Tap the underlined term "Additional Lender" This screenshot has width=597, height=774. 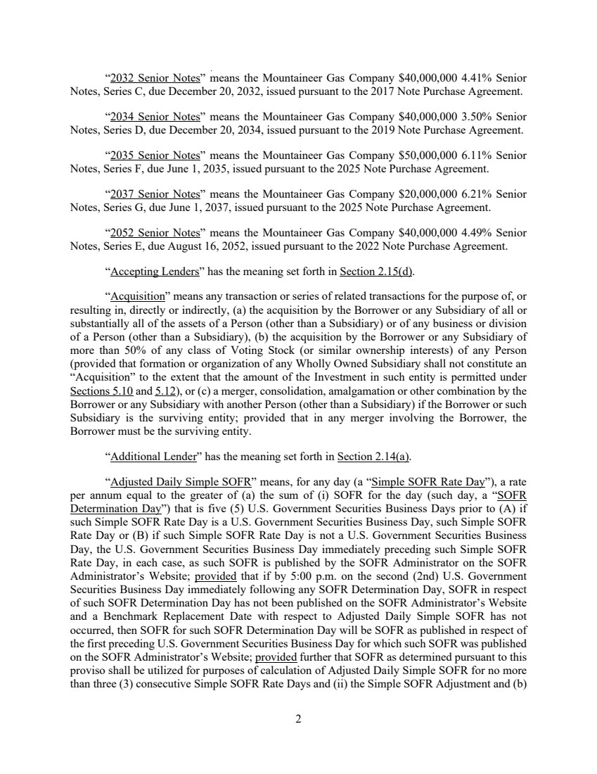[152, 457]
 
